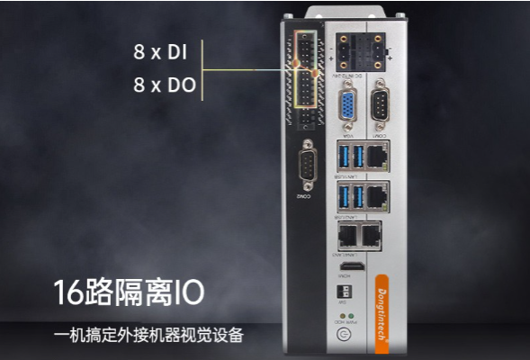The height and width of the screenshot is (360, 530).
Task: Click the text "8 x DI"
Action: click(x=160, y=52)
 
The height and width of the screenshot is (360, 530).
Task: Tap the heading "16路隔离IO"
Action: click(x=128, y=292)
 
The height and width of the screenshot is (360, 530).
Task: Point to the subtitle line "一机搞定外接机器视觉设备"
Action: click(x=148, y=336)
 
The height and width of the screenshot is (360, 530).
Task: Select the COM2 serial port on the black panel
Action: click(x=309, y=167)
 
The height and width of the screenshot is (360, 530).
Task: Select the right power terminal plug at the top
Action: click(x=373, y=53)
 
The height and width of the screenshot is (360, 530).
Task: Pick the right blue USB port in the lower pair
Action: click(x=358, y=195)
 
